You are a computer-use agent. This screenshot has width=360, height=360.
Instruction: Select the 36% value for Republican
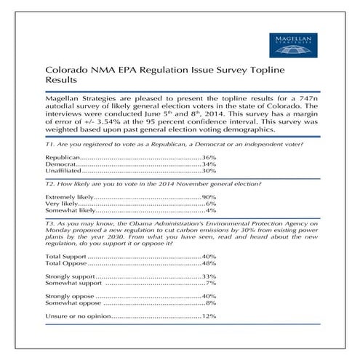coord(209,157)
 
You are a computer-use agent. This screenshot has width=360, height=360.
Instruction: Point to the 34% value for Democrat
coord(209,164)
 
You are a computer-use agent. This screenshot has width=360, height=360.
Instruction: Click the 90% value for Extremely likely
coord(209,197)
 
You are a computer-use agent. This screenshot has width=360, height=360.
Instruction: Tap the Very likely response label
coord(60,204)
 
